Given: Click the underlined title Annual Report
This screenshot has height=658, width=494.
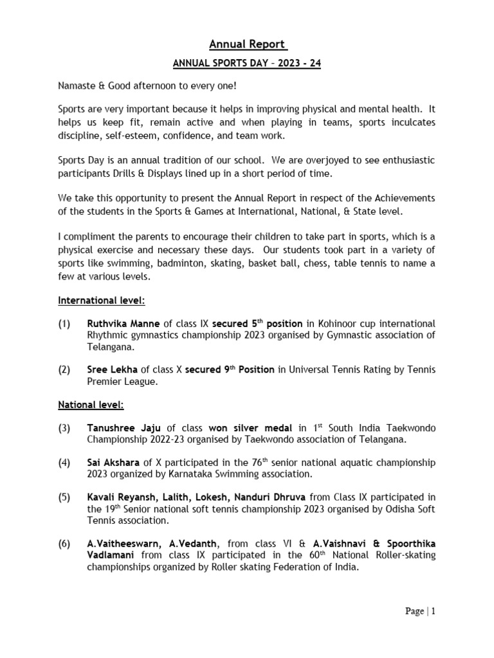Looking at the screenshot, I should click(x=248, y=44).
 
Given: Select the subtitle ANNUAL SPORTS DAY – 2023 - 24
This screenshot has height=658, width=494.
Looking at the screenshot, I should click(x=248, y=64).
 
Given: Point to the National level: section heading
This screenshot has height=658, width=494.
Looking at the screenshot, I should click(x=91, y=405).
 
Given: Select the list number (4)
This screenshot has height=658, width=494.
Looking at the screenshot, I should click(x=64, y=463).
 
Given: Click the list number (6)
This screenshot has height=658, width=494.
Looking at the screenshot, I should click(x=64, y=544).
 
